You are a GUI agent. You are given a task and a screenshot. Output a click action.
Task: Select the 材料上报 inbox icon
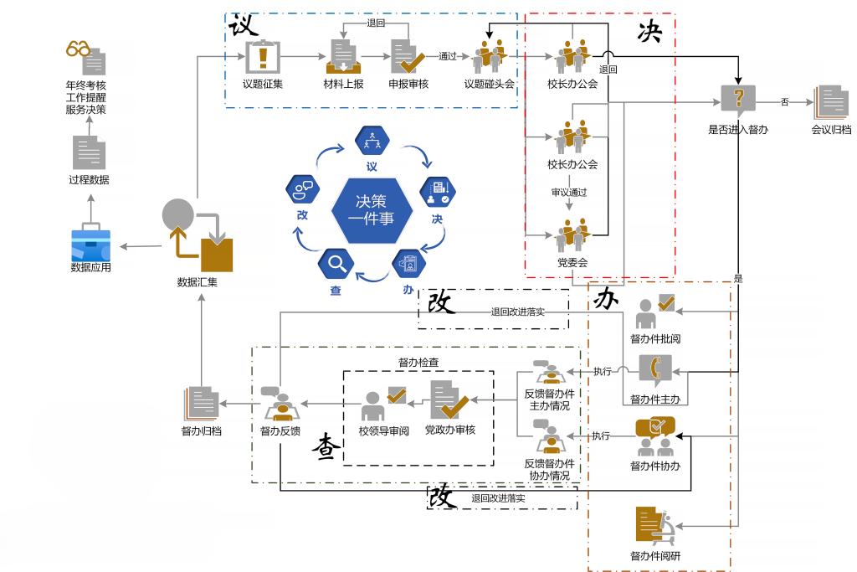tap(341, 57)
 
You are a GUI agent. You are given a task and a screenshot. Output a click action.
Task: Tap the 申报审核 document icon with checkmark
tap(408, 57)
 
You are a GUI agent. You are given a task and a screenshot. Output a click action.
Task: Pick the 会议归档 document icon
tap(831, 102)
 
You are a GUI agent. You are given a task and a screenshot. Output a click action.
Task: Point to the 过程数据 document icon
tap(89, 153)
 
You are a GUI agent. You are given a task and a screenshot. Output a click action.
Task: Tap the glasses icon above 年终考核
tap(79, 50)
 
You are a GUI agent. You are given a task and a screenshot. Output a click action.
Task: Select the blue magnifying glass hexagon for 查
tap(336, 265)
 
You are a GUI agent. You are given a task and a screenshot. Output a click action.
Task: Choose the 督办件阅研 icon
tap(655, 527)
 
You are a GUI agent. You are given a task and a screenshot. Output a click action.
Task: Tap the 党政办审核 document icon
tap(449, 399)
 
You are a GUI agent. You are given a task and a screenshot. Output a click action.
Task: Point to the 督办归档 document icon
tap(201, 404)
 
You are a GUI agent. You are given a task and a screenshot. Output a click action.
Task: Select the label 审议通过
tap(568, 193)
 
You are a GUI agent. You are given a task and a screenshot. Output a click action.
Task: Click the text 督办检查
tap(418, 363)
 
